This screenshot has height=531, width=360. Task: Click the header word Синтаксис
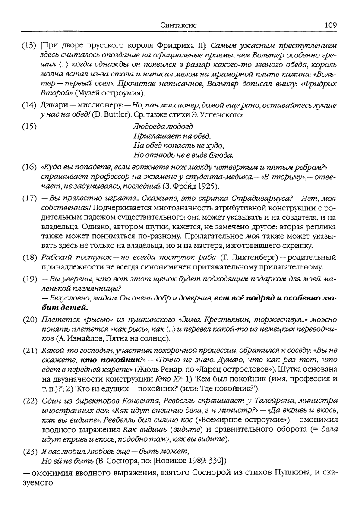[178, 25]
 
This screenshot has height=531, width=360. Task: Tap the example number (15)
[29, 127]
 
